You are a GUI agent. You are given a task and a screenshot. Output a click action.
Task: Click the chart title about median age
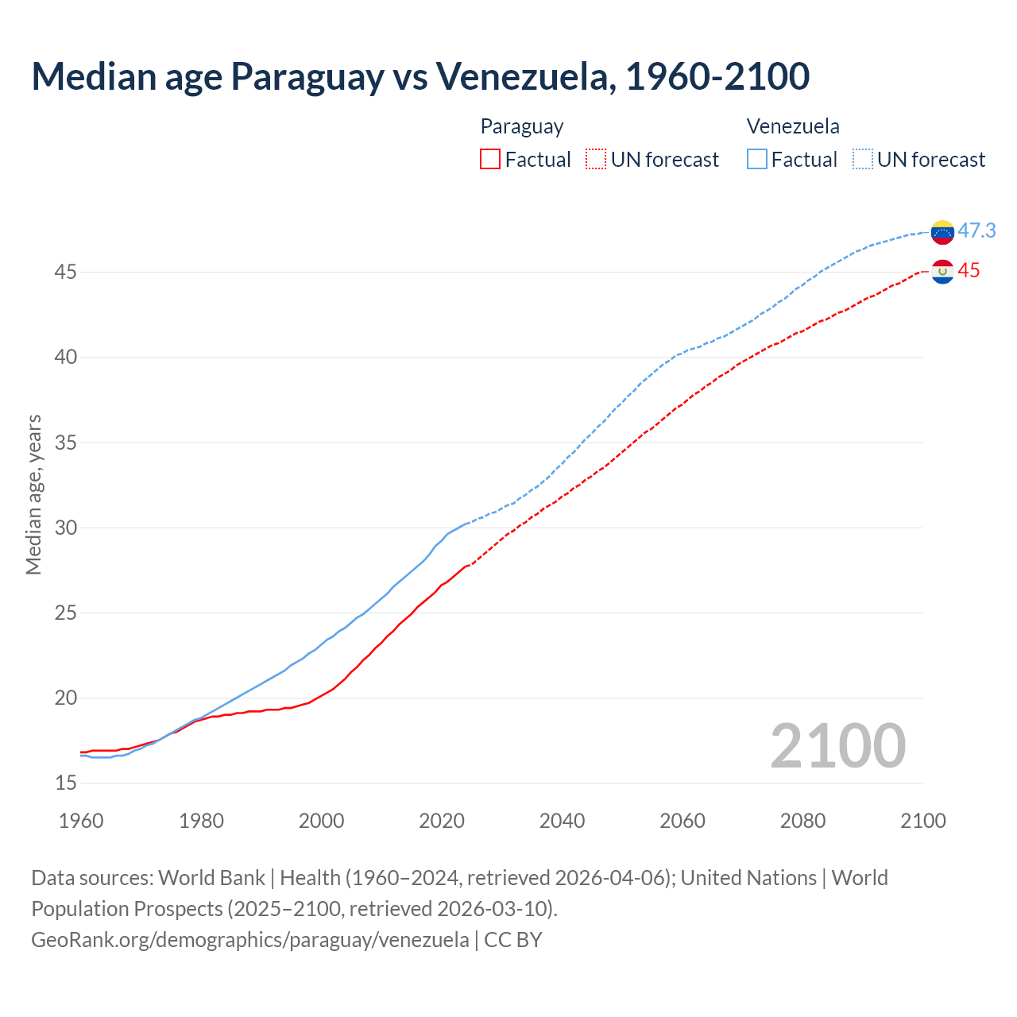[420, 76]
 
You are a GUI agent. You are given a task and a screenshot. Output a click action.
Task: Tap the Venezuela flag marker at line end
[942, 232]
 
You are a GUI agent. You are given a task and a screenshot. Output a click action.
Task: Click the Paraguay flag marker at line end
[942, 272]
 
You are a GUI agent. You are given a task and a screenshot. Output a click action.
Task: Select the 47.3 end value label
[976, 230]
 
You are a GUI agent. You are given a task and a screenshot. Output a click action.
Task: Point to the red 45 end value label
[969, 271]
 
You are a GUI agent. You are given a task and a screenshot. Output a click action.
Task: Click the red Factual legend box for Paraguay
[490, 160]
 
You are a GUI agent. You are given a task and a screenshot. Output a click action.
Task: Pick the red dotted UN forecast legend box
[596, 160]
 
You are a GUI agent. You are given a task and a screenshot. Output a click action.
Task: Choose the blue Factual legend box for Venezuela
[757, 160]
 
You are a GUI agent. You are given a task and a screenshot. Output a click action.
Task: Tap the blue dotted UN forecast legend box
[863, 160]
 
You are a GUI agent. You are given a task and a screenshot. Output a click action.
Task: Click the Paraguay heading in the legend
[522, 126]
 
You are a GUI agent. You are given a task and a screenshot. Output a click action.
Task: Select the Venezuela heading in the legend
[793, 126]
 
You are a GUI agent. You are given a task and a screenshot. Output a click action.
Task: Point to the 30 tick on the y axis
[66, 528]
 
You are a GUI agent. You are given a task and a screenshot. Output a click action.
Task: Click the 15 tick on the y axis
[66, 783]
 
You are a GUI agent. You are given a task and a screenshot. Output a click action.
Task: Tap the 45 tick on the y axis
[66, 272]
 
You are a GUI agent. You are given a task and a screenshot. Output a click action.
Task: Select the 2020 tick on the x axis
[442, 821]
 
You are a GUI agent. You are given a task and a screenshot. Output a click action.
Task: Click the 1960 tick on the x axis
[81, 821]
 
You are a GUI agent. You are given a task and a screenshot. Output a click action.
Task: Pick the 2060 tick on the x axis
[683, 821]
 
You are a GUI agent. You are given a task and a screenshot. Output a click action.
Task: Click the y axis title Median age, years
[33, 494]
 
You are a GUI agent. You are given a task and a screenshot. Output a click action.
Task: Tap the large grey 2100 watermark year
[837, 745]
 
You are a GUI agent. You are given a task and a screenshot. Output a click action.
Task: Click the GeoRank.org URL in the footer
[250, 939]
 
